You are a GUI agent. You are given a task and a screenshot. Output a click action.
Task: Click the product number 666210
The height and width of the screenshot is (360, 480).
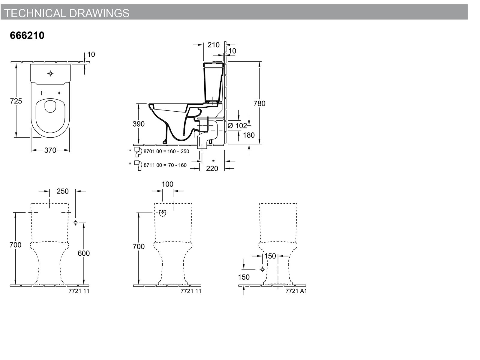coord(27,35)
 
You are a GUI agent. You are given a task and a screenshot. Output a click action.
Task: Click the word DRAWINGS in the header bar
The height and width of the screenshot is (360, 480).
coord(100,13)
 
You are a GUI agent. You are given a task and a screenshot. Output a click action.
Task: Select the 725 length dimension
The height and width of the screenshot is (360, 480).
coord(16,101)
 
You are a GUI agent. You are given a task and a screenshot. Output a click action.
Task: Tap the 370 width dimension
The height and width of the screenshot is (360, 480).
coord(50,150)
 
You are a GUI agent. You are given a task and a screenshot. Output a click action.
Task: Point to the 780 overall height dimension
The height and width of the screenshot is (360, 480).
coord(259,103)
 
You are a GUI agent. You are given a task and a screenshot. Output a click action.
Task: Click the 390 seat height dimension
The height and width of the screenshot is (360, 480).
coord(139,124)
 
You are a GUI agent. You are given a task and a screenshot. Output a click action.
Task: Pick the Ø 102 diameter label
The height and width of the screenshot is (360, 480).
coord(237,126)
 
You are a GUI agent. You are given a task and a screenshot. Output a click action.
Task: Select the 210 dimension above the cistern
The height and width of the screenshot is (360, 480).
coord(213,45)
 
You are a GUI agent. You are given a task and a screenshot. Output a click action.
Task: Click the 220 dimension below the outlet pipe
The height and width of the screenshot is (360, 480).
coord(212,169)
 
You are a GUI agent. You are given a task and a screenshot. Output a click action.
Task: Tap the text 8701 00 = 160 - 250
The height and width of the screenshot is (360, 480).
coord(166,151)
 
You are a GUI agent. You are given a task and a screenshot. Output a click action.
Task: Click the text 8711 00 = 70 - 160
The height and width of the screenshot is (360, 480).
coord(165,165)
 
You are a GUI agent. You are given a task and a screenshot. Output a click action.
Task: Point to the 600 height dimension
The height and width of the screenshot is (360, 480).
coord(84,253)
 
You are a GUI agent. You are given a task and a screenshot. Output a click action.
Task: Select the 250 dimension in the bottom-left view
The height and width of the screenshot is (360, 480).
coord(62,191)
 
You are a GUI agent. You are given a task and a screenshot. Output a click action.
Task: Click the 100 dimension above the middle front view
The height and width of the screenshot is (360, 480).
coord(167,184)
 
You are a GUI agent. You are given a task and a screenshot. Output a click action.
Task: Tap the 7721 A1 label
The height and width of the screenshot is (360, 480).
coord(296,291)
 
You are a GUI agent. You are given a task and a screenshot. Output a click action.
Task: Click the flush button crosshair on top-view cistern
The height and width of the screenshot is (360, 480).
coord(50,73)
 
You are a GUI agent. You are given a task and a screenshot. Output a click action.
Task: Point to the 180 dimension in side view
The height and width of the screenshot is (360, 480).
coord(249,135)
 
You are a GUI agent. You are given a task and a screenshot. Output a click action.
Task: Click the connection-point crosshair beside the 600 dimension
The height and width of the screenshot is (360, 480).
coord(75,223)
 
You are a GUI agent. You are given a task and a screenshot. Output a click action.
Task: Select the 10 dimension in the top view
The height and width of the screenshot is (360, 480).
coord(91,54)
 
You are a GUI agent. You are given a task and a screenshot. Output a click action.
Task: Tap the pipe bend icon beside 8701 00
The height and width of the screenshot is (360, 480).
coord(138,152)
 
